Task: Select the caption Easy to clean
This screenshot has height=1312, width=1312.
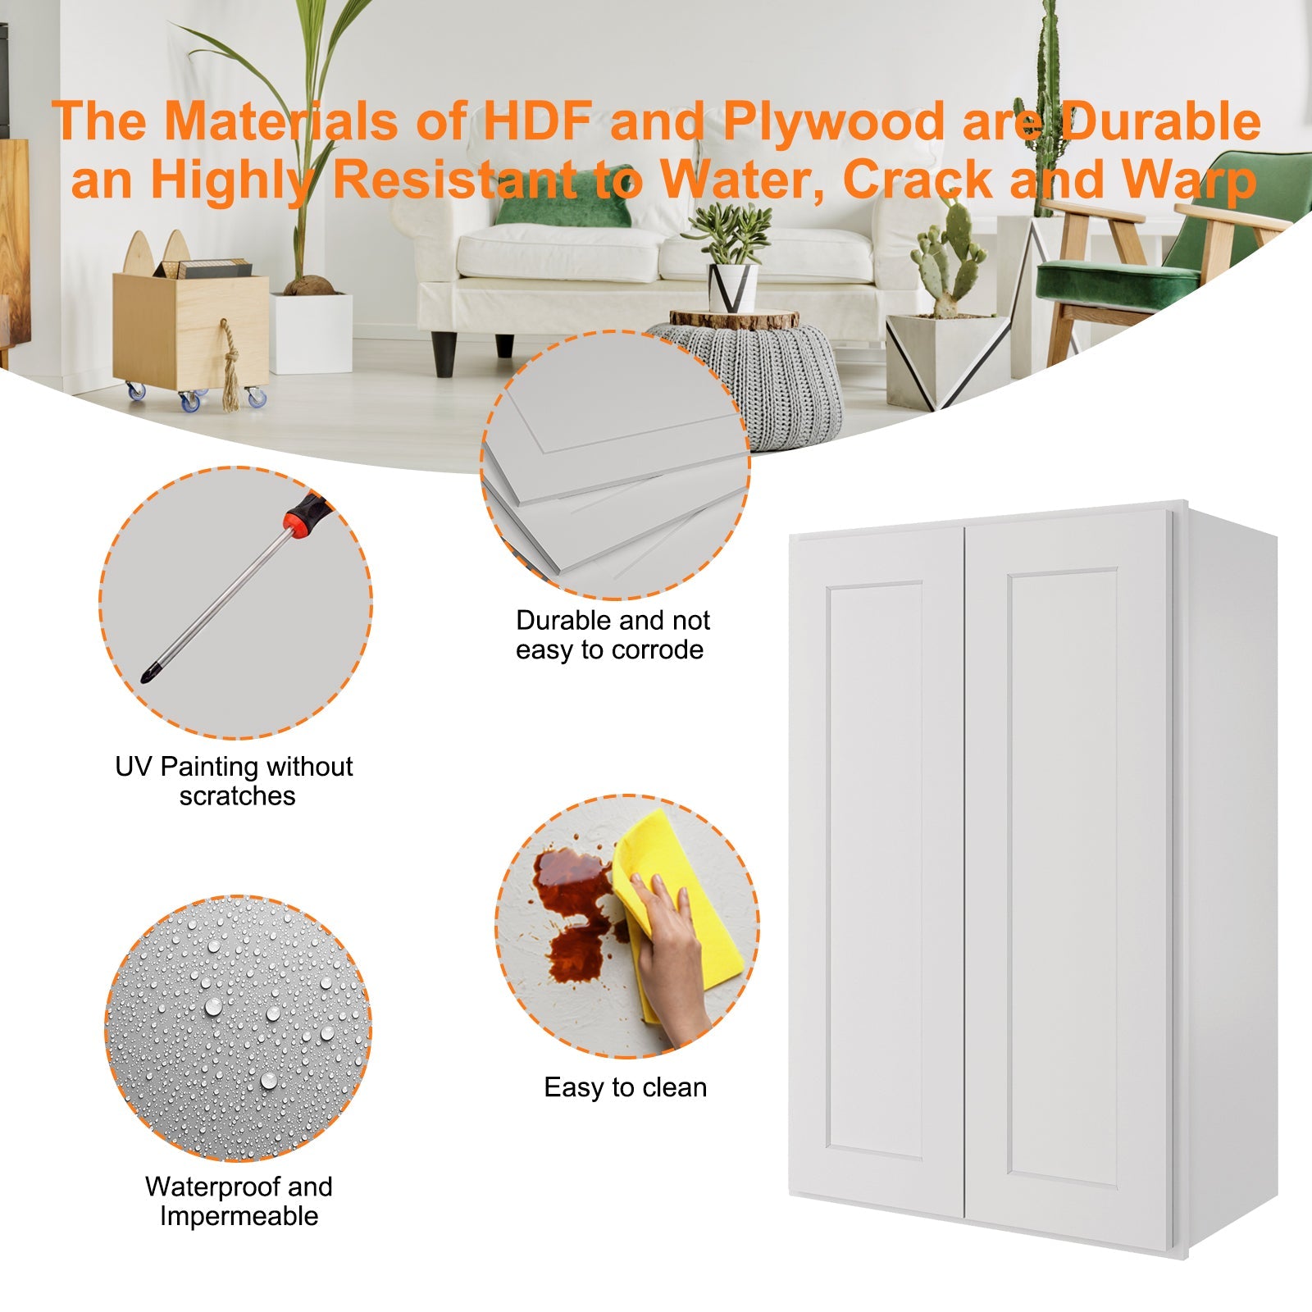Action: click(625, 1087)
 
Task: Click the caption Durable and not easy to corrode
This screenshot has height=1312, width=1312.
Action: click(612, 635)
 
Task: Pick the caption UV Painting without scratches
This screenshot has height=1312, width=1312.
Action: click(235, 781)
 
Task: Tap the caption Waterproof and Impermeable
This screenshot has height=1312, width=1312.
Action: click(239, 1200)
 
